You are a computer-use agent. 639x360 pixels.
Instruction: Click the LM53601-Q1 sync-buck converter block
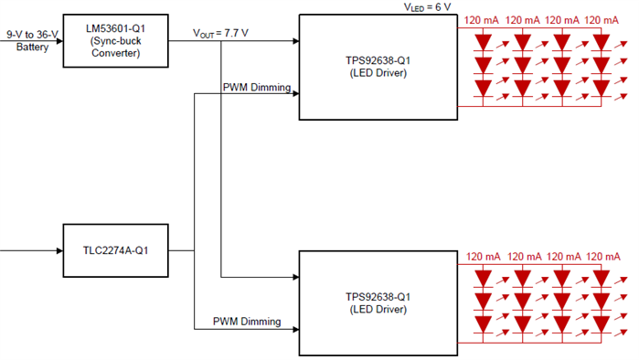(x=115, y=40)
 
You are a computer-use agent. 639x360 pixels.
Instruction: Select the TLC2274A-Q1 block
(x=115, y=249)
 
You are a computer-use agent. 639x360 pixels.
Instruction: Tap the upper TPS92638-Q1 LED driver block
(x=375, y=67)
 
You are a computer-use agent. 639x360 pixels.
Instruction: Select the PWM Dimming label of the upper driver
(x=256, y=88)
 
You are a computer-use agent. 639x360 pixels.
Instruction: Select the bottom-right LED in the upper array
(x=602, y=88)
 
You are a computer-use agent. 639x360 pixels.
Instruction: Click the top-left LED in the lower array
(x=485, y=276)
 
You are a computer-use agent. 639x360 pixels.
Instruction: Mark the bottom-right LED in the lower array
(x=602, y=323)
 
